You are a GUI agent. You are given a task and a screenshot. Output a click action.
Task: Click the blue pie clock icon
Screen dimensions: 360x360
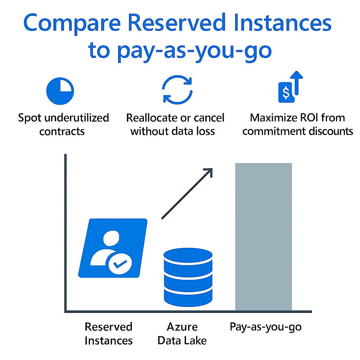[60, 91]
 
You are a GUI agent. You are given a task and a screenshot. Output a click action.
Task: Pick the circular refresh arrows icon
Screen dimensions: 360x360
[177, 90]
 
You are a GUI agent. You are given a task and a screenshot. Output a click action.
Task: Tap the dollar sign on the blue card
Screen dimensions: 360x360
[286, 93]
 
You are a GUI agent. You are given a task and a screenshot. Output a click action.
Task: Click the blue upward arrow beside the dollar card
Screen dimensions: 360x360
[296, 83]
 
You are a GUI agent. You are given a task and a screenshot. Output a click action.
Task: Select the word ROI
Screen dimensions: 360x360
[309, 118]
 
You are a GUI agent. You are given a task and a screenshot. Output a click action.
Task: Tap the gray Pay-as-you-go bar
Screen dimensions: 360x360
[264, 237]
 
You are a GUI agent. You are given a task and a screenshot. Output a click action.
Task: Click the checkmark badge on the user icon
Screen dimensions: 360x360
[120, 264]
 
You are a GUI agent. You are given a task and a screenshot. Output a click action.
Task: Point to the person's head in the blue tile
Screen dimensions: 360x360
[111, 238]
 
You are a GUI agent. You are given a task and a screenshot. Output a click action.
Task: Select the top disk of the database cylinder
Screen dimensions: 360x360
[188, 255]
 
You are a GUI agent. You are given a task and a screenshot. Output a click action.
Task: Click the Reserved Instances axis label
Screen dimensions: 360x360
[109, 334]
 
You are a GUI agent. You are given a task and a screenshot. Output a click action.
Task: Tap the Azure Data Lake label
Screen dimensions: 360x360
[182, 334]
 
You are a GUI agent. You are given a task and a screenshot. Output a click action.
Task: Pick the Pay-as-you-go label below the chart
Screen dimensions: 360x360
[266, 327]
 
